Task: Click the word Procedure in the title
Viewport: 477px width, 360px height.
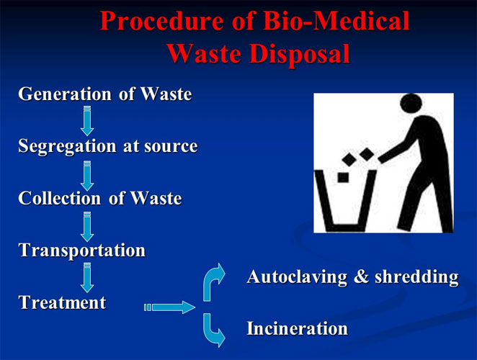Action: pyautogui.click(x=161, y=22)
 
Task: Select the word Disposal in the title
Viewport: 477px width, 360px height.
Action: pyautogui.click(x=300, y=54)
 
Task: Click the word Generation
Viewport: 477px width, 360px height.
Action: pyautogui.click(x=65, y=94)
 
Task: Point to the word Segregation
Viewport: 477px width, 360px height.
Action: pyautogui.click(x=67, y=147)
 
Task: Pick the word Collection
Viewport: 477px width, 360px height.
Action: pyautogui.click(x=59, y=198)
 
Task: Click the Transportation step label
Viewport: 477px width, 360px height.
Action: pyautogui.click(x=82, y=251)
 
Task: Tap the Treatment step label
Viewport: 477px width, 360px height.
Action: pyautogui.click(x=63, y=302)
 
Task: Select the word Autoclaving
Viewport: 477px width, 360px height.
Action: pyautogui.click(x=297, y=277)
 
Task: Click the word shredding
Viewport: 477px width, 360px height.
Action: pyautogui.click(x=416, y=277)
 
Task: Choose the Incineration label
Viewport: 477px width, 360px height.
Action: pyautogui.click(x=297, y=328)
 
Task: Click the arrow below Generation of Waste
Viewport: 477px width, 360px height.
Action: pyautogui.click(x=87, y=121)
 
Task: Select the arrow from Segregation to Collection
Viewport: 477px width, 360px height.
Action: pyautogui.click(x=87, y=176)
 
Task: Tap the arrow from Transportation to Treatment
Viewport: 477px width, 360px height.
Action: pyautogui.click(x=87, y=278)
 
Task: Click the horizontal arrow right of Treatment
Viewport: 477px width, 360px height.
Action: pyautogui.click(x=169, y=307)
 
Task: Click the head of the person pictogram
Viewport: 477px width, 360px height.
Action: pyautogui.click(x=411, y=104)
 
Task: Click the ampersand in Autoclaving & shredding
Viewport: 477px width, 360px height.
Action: pyautogui.click(x=361, y=277)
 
